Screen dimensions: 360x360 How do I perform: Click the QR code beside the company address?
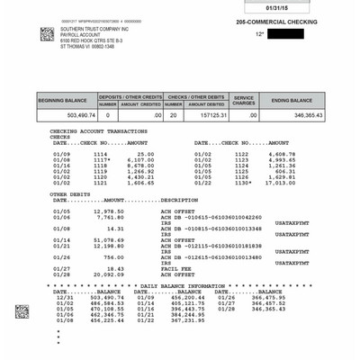pos(47,34)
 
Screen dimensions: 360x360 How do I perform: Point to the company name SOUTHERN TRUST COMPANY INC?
pos(97,29)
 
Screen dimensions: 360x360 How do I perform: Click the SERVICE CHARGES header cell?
pos(244,100)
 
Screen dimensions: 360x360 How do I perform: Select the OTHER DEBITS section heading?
pos(70,193)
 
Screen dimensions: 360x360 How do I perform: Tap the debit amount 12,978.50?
pos(109,211)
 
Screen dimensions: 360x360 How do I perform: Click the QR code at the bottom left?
pos(22,311)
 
